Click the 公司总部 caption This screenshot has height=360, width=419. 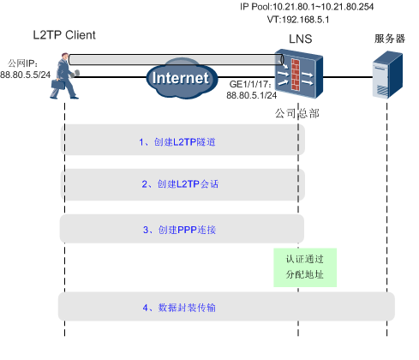click(294, 112)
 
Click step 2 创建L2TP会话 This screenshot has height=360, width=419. click(176, 183)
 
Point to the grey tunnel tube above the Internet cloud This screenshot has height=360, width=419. click(171, 58)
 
